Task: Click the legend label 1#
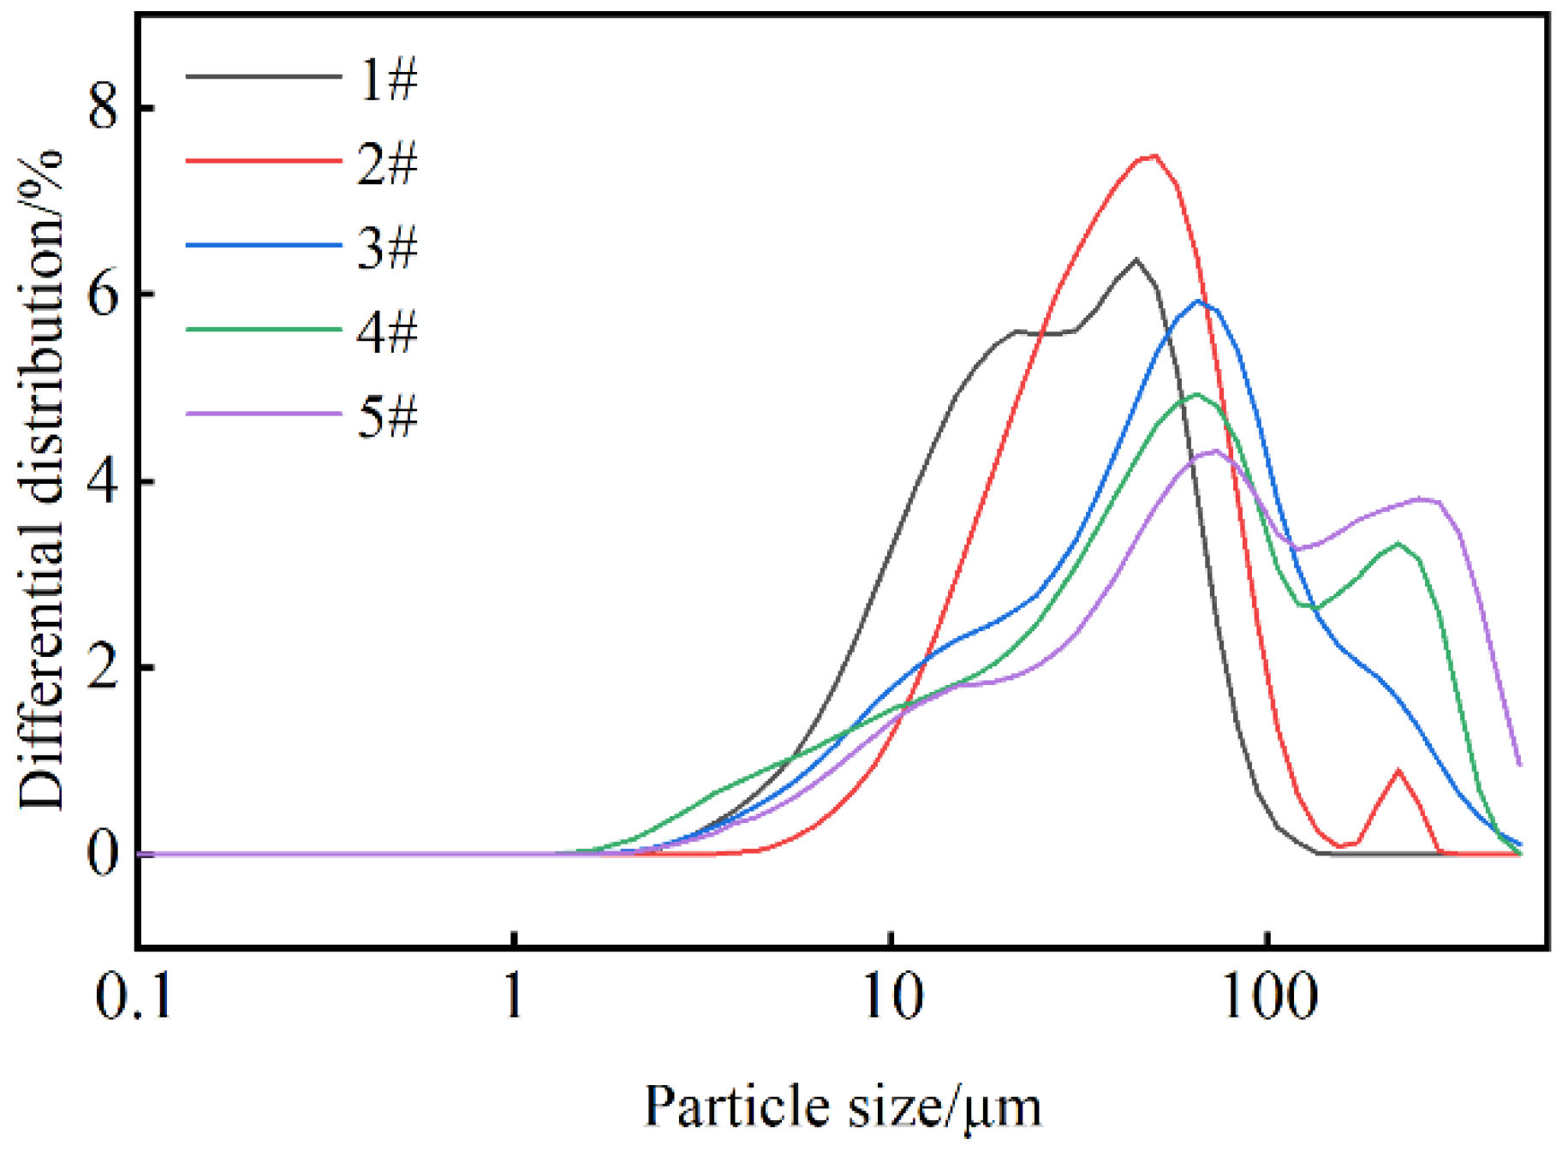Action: pos(387,80)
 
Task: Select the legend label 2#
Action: pos(387,164)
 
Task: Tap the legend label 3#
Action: pos(387,248)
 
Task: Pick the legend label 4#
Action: pos(387,331)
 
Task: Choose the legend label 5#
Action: pos(387,417)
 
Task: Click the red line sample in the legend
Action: pos(263,160)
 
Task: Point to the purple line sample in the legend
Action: pos(263,414)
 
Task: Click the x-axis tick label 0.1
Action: pos(134,997)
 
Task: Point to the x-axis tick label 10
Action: pos(892,997)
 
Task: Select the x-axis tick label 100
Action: pos(1269,997)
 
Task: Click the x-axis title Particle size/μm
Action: pos(843,1106)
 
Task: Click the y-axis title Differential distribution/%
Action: pos(41,480)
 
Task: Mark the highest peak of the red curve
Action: pos(1154,156)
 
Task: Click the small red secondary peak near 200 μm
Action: pos(1398,771)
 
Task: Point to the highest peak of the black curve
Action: pos(1136,259)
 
